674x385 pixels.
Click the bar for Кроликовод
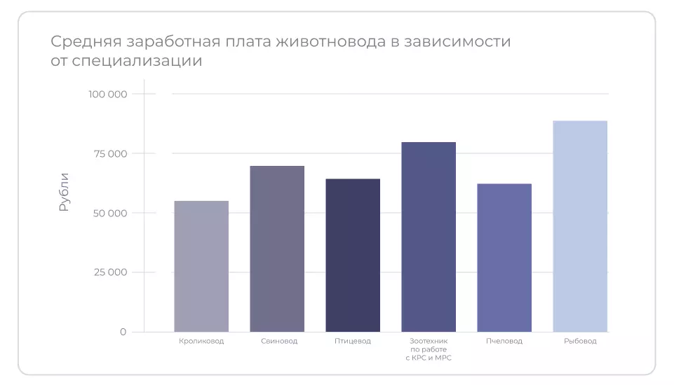click(201, 266)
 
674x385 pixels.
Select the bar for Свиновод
click(277, 248)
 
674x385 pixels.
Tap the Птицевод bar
click(353, 255)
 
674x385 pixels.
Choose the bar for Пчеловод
click(504, 258)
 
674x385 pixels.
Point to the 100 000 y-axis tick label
click(107, 94)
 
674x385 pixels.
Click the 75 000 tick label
click(109, 153)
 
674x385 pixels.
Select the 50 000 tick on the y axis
click(109, 213)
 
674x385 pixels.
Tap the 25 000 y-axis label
click(109, 272)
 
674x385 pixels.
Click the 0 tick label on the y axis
click(123, 332)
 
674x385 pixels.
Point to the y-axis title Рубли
click(64, 192)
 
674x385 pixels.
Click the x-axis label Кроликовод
click(201, 342)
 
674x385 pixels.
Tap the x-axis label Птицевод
click(353, 342)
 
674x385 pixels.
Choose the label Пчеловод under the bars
click(504, 342)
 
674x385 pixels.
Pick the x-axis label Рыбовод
click(580, 342)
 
